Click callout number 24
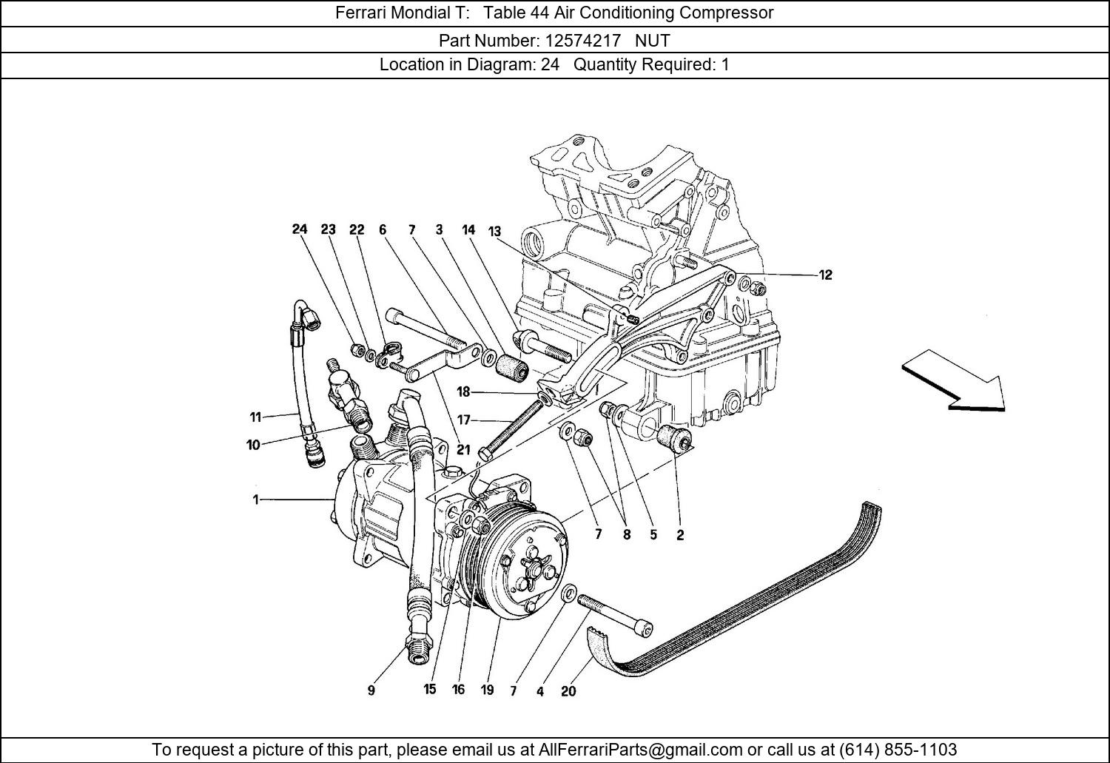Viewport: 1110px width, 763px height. coord(299,229)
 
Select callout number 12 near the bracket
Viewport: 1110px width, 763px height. coord(825,275)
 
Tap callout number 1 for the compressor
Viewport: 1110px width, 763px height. coord(256,500)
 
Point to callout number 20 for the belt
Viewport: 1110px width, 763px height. coord(568,691)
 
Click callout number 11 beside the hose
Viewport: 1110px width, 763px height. coord(255,417)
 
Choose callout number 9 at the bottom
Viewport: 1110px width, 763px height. coord(371,690)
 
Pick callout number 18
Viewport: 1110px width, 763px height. coord(463,392)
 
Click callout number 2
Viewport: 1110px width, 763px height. coord(680,535)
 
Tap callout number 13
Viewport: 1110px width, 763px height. coord(494,232)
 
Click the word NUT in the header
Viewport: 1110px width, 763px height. coord(653,40)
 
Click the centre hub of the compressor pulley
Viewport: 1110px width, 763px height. coord(531,572)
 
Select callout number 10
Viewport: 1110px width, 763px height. coord(253,446)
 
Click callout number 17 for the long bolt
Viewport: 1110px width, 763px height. coord(463,420)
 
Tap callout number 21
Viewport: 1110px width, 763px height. coord(463,450)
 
